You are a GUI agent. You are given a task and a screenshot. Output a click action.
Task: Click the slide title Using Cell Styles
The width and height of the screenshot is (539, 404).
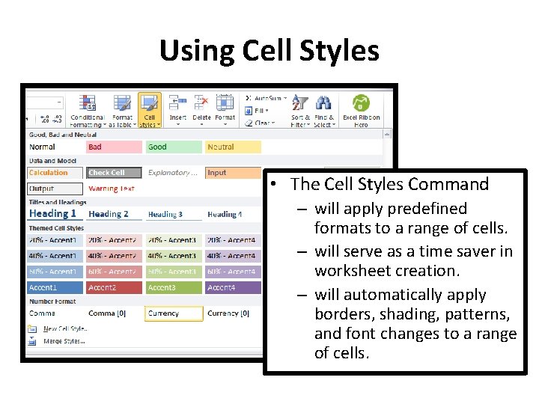click(269, 51)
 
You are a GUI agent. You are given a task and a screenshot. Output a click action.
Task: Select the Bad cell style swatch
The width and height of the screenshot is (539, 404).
click(114, 147)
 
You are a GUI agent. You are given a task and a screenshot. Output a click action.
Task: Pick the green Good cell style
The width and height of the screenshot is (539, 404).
click(174, 147)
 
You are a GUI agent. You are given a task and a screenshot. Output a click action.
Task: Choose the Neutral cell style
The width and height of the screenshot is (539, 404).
click(233, 147)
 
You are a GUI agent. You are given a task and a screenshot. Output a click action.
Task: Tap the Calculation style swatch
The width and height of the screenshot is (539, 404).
click(55, 173)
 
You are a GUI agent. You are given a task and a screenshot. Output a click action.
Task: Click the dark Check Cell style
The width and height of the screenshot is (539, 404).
click(114, 173)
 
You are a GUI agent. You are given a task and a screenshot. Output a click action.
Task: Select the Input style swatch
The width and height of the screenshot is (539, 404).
click(233, 173)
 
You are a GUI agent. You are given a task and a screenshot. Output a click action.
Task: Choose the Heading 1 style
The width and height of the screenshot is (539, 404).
click(54, 214)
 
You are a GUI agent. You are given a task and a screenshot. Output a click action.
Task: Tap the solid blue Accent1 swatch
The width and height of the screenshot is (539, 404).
click(55, 287)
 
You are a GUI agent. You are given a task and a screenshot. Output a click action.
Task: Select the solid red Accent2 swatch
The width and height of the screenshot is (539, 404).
click(114, 287)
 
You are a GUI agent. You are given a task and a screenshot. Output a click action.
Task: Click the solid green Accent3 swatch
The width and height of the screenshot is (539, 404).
click(174, 287)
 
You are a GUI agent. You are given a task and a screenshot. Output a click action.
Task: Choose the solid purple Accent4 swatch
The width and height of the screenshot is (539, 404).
click(233, 287)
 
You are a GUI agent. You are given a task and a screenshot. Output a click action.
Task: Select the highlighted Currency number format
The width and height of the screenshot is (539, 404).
click(174, 313)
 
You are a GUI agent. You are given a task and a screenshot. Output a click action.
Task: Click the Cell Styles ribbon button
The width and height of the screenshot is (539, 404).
click(149, 111)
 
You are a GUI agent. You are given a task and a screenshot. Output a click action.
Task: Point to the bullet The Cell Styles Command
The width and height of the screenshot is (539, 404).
click(389, 184)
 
